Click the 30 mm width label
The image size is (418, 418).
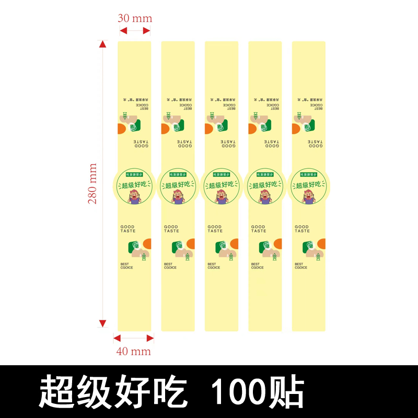(135, 18)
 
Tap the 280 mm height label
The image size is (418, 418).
(92, 184)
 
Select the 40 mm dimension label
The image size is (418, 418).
(133, 351)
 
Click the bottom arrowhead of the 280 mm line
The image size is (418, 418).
(103, 322)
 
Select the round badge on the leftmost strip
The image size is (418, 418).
(135, 185)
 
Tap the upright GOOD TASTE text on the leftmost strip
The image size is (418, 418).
(127, 229)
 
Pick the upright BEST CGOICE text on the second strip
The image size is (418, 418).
(170, 265)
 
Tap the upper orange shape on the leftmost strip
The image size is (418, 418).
(121, 129)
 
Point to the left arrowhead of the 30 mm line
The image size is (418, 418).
(121, 31)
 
